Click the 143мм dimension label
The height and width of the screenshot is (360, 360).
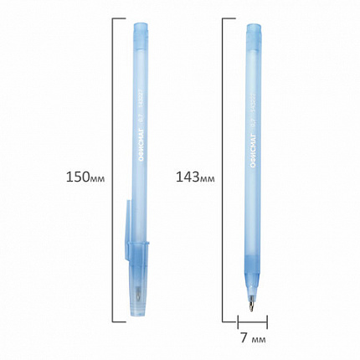click(x=193, y=177)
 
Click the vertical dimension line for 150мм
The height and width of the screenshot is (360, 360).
click(x=112, y=177)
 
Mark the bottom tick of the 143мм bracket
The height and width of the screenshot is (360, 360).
click(x=228, y=321)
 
